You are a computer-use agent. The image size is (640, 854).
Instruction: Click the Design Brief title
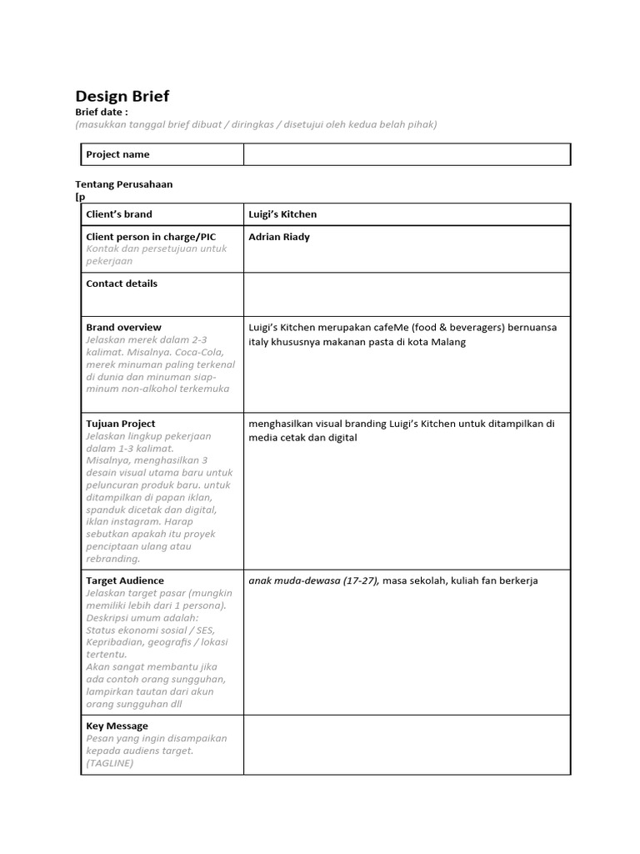122,96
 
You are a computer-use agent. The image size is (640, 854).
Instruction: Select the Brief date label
102,112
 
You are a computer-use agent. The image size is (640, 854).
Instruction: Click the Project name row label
118,154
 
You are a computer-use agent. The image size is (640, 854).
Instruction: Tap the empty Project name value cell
407,154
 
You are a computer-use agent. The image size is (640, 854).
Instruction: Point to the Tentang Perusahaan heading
124,183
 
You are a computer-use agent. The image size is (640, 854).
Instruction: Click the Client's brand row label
119,214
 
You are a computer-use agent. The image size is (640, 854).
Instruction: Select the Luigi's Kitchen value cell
282,214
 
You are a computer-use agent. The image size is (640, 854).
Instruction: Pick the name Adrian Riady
279,237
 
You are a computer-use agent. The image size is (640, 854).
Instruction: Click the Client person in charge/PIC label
151,237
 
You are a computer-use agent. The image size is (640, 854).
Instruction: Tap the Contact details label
122,284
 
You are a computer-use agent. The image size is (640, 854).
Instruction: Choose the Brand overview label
124,327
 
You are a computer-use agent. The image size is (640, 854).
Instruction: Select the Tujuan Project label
121,424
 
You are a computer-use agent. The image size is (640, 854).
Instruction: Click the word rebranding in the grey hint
113,559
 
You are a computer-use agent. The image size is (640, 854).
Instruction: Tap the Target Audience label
125,580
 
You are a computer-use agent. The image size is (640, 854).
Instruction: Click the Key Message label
117,726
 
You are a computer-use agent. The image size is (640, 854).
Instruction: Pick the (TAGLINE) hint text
110,763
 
